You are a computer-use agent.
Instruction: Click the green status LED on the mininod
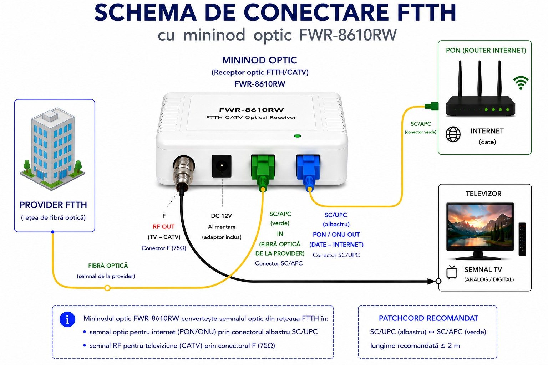click(x=297, y=136)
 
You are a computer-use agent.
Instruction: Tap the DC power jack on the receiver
click(x=222, y=166)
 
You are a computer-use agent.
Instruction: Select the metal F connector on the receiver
click(x=183, y=174)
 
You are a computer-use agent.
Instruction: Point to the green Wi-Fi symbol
click(x=521, y=83)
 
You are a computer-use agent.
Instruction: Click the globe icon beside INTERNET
click(x=453, y=134)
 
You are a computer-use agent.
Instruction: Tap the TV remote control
click(x=522, y=239)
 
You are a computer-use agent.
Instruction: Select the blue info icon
click(x=67, y=319)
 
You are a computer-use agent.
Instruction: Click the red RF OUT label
click(x=163, y=227)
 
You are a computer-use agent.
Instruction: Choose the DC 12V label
click(x=221, y=216)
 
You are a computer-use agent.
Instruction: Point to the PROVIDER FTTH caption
click(x=53, y=205)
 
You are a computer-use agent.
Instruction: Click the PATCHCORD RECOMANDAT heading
click(x=428, y=318)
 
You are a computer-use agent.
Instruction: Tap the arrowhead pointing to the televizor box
click(x=431, y=281)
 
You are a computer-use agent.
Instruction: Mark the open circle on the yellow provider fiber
click(x=107, y=288)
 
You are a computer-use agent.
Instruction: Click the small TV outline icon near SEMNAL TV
click(x=452, y=272)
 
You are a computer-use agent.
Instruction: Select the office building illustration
click(x=52, y=149)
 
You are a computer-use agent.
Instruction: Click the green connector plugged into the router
click(x=431, y=106)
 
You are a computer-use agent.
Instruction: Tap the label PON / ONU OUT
click(x=336, y=235)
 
